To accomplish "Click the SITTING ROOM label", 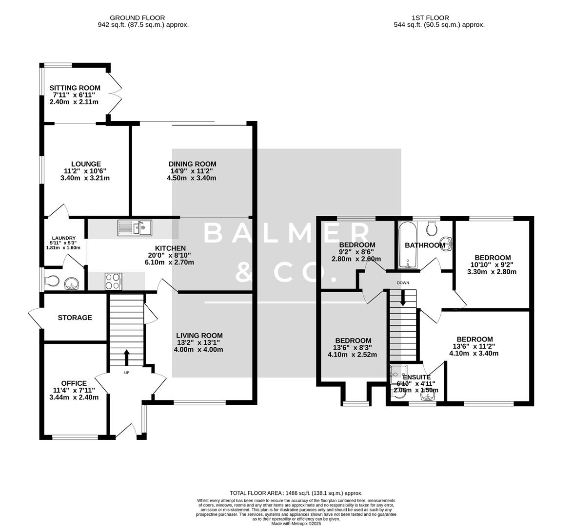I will tap(75, 88).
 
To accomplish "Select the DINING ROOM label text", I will tap(192, 164).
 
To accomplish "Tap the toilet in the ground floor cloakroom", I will tap(51, 282).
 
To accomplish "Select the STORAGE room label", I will tap(75, 318).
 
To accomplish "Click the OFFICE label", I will tap(74, 383).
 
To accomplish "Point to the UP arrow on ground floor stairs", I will tap(127, 358).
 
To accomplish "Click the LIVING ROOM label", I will tap(199, 336).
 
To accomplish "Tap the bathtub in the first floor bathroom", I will tap(406, 246).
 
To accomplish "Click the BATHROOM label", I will tap(425, 245).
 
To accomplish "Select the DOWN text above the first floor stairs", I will tap(403, 283).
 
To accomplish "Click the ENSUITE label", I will tap(416, 377).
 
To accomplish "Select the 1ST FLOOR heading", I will tap(439, 18).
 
